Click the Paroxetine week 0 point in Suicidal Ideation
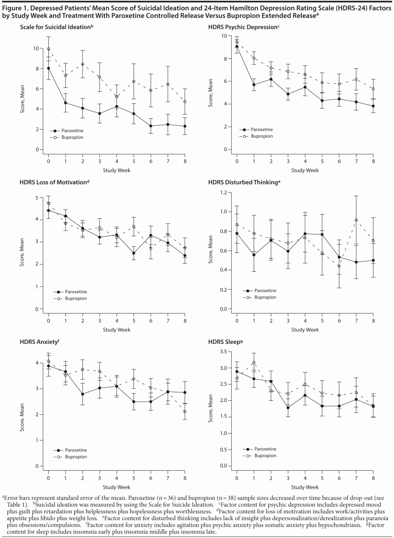pyautogui.click(x=48, y=68)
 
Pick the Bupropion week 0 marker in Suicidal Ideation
pyautogui.click(x=48, y=49)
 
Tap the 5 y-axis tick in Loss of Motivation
pyautogui.click(x=40, y=197)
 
